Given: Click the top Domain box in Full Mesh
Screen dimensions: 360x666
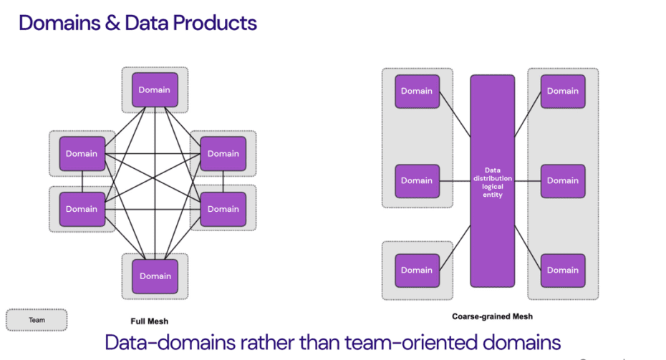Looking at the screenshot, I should [x=155, y=89].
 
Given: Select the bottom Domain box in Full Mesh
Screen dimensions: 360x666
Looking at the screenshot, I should [x=155, y=276].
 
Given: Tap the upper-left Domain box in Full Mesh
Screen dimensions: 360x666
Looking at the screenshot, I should [x=82, y=153].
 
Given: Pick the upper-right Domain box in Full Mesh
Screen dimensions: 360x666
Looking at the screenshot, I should [x=223, y=153].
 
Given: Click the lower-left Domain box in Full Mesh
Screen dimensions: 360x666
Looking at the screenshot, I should [x=82, y=209].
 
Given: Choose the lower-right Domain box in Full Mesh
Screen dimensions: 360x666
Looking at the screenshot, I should [x=223, y=209].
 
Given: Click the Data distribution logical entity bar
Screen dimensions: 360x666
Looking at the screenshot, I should [x=492, y=180].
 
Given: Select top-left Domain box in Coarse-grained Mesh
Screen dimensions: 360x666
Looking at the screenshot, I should [x=417, y=91].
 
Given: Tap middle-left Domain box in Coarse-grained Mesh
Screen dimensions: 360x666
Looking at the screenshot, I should [x=417, y=180].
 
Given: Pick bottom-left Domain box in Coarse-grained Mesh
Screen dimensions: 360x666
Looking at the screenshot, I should [x=417, y=270].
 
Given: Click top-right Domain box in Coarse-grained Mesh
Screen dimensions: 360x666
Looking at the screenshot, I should [x=562, y=91].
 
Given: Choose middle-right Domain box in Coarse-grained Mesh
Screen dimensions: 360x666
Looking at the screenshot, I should [x=562, y=180].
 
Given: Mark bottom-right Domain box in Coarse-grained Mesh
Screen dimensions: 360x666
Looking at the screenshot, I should [x=562, y=270].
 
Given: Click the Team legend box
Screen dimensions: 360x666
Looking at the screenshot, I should [x=37, y=320].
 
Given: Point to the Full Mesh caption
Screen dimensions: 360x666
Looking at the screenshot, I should [x=149, y=321].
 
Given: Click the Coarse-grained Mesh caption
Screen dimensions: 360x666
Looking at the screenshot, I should [x=492, y=316].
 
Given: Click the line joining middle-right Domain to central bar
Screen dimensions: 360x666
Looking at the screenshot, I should [x=528, y=180].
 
